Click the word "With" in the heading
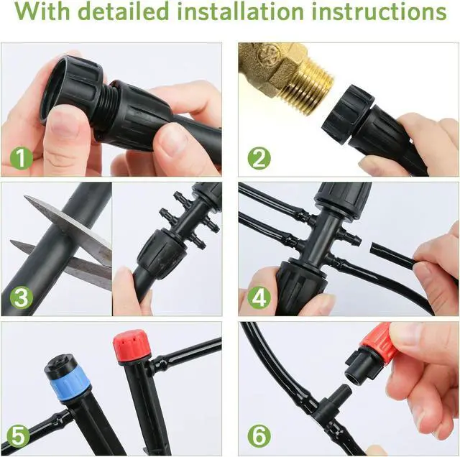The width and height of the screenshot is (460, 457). (x=45, y=14)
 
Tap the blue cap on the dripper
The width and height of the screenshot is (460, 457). (x=70, y=383)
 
